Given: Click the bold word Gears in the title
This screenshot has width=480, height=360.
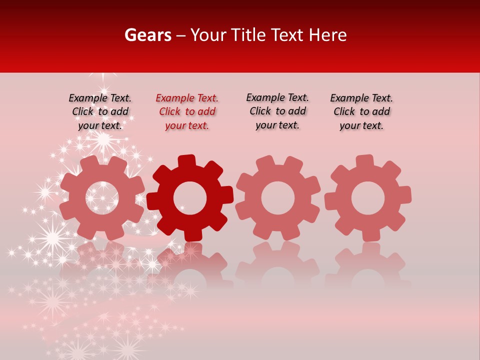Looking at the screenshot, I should point(147,35).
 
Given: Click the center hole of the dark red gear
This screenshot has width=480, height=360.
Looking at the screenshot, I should point(190,198).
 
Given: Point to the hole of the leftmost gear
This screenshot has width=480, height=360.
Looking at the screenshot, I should point(102,197).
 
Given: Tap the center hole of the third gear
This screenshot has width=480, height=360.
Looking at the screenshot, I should point(278,197).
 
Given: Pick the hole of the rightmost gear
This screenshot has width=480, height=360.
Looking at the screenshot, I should point(367,198).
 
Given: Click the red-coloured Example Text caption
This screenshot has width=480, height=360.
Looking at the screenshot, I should point(187,112).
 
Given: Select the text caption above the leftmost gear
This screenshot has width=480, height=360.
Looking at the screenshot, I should point(100,112).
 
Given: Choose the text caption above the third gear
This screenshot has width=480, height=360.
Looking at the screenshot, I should point(277,111).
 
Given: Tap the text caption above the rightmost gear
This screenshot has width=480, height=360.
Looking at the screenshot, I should point(361,112).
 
